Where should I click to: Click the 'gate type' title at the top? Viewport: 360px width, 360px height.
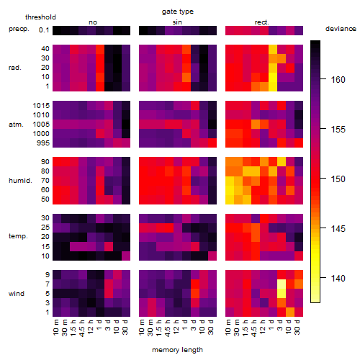178,12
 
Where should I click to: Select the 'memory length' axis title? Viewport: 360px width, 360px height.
177,350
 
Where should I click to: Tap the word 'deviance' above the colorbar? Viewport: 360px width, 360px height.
341,29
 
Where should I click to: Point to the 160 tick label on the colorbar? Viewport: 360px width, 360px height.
338,79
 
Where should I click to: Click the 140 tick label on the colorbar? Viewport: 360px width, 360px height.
338,279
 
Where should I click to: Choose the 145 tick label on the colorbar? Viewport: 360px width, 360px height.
338,228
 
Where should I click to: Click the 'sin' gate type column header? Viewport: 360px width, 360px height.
177,22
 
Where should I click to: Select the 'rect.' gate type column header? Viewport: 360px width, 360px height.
261,22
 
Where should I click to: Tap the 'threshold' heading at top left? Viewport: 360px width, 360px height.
40,17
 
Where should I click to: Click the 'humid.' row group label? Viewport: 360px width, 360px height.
20,181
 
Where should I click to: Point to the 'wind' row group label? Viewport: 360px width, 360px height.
17,294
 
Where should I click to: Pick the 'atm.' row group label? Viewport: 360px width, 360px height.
16,125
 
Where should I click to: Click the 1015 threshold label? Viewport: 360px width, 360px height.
41,106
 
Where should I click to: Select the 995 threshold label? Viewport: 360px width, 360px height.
43,143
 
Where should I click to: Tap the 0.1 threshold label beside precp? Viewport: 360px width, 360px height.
44,30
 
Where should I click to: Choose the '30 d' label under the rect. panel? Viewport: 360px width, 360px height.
297,327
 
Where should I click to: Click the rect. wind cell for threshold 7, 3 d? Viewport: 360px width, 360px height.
282,284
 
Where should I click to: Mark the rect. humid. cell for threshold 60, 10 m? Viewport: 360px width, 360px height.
230,190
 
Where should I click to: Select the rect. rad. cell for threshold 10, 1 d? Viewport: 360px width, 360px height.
273,77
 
